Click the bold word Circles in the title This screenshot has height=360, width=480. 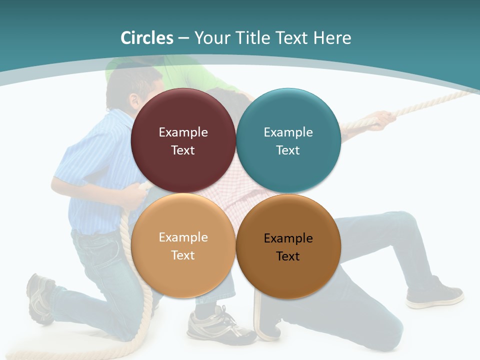coord(147,38)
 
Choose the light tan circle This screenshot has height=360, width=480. coord(183,246)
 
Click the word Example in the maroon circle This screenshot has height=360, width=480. coord(183,132)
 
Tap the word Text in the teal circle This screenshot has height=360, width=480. coord(288,150)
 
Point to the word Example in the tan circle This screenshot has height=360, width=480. coord(183,237)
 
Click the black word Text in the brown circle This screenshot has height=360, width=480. coord(288,256)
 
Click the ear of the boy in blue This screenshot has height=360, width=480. coord(134,103)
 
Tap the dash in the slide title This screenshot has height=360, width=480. coord(183,38)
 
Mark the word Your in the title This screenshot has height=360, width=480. coord(210,38)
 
